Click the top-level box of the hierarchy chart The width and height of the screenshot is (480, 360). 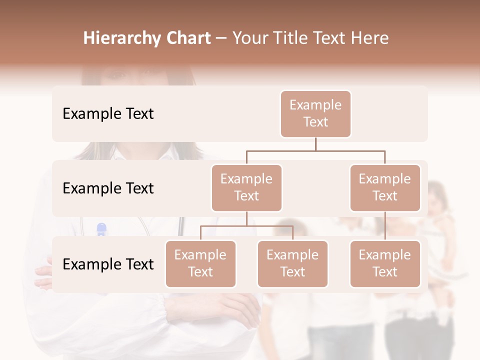pyautogui.click(x=315, y=114)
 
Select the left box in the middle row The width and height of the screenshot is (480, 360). pyautogui.click(x=246, y=188)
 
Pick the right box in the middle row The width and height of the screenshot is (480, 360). pyautogui.click(x=385, y=188)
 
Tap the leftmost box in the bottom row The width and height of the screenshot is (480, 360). pyautogui.click(x=200, y=264)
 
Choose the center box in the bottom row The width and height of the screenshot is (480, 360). pyautogui.click(x=292, y=264)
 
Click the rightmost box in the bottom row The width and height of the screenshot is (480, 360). pyautogui.click(x=385, y=264)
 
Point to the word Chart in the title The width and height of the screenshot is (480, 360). pyautogui.click(x=186, y=38)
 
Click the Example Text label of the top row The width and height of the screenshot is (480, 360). pyautogui.click(x=108, y=114)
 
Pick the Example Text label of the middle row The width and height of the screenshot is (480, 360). pyautogui.click(x=108, y=188)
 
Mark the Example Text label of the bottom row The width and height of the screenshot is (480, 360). pyautogui.click(x=108, y=264)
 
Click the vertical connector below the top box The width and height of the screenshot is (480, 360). pyautogui.click(x=315, y=144)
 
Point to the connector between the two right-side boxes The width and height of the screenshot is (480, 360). pyautogui.click(x=385, y=226)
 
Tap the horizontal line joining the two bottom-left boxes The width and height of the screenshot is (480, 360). pyautogui.click(x=246, y=226)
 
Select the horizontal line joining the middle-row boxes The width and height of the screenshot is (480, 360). pyautogui.click(x=315, y=150)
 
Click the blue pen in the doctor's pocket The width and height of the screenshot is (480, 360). pyautogui.click(x=101, y=229)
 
